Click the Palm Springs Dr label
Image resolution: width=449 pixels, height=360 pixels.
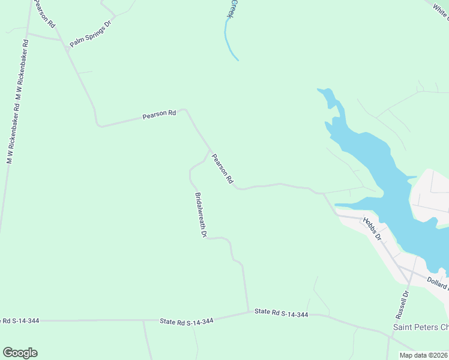point(91,36)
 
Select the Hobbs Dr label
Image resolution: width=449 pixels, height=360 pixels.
point(372,228)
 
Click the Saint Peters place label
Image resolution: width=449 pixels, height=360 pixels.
point(420,328)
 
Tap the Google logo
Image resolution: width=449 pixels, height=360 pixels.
point(20,353)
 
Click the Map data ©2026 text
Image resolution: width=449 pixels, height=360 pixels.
point(424,355)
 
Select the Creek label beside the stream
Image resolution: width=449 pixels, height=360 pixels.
point(234,8)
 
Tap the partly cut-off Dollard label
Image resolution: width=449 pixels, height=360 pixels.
point(438,281)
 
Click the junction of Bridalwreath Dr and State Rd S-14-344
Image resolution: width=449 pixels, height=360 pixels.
point(249,311)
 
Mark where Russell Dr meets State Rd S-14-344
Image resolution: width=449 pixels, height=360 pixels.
point(391,334)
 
